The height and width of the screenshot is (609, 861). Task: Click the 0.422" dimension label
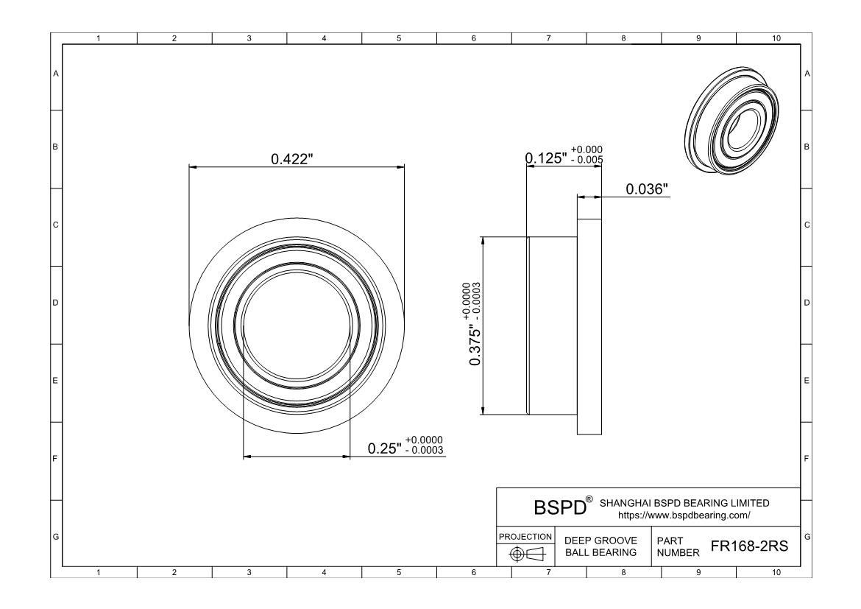292,159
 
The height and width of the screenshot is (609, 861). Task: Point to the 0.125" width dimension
546,158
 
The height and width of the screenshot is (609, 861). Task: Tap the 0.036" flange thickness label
647,189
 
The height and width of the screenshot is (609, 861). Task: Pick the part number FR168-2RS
749,546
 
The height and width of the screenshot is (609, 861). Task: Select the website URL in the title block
684,515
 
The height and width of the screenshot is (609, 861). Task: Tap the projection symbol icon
526,554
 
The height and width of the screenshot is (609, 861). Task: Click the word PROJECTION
525,537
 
